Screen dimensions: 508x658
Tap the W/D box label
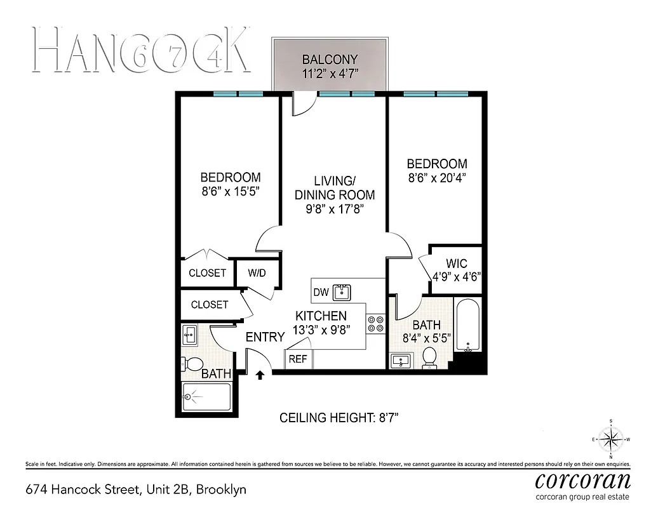[257, 273]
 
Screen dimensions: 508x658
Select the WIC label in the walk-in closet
[457, 262]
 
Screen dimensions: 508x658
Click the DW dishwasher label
[321, 292]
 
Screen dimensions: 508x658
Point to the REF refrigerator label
[298, 359]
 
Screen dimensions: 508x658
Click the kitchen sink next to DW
[343, 291]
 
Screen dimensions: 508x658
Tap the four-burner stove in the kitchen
[375, 324]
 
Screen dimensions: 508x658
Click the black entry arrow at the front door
[260, 375]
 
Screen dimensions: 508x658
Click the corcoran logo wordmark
[583, 479]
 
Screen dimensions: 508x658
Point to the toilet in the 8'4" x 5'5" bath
[430, 358]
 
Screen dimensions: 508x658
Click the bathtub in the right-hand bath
[469, 325]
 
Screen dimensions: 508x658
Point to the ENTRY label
[265, 337]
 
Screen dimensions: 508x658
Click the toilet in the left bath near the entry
[192, 364]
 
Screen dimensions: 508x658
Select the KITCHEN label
[321, 316]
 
